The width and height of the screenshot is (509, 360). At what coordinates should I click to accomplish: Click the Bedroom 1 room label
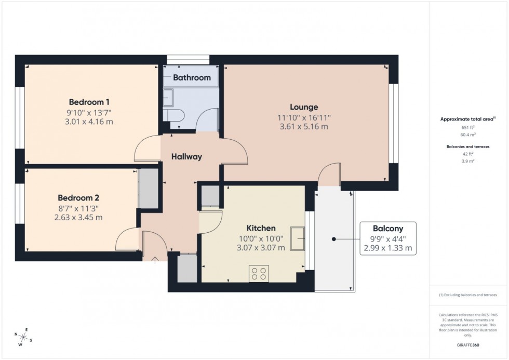coord(89,102)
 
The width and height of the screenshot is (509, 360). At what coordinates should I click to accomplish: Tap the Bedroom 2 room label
coord(78,197)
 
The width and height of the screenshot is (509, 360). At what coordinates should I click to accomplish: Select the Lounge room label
coord(304,107)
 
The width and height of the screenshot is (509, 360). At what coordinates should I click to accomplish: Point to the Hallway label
coord(186,156)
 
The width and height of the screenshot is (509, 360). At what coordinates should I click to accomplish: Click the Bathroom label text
coord(192,78)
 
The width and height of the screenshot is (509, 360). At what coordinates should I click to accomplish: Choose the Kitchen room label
coord(261,228)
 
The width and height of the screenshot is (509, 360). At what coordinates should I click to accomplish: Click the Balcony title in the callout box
coord(387,228)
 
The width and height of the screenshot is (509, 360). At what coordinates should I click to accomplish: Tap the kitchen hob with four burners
coord(258,273)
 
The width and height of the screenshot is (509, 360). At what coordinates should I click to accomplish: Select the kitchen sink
coord(298,238)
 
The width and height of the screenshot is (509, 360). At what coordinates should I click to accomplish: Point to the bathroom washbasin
coord(168,97)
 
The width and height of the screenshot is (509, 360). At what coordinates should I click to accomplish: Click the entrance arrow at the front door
coord(155,259)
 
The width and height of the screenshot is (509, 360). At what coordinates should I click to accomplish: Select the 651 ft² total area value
coord(468,127)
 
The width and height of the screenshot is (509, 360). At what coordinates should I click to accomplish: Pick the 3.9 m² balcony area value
coord(468,161)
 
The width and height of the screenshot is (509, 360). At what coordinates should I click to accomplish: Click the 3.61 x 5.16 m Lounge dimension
coord(304,126)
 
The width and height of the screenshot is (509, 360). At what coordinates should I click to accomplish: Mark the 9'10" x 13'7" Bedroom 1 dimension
coord(89,112)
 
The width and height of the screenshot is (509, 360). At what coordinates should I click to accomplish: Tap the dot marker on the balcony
coord(333,239)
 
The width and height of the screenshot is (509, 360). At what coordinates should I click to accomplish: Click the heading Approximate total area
coord(467,119)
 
